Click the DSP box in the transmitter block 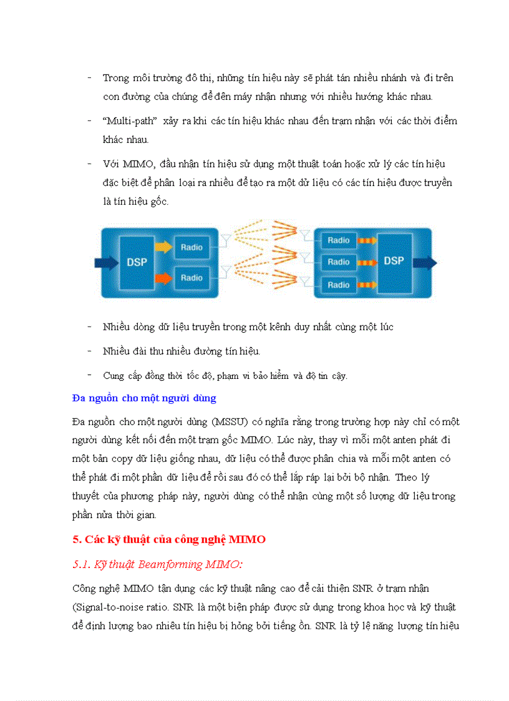tap(137, 262)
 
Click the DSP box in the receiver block tap(394, 261)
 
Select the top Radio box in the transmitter tap(191, 247)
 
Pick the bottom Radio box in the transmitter tap(191, 278)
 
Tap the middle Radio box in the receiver tap(339, 262)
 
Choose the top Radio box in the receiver tap(339, 240)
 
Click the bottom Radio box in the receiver tap(339, 285)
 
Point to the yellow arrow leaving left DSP tap(163, 247)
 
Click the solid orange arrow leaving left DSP tap(163, 277)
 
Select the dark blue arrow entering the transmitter tap(104, 262)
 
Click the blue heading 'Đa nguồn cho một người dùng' tap(144, 398)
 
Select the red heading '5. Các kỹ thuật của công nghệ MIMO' tap(169, 540)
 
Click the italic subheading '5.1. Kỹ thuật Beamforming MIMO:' tap(157, 564)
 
